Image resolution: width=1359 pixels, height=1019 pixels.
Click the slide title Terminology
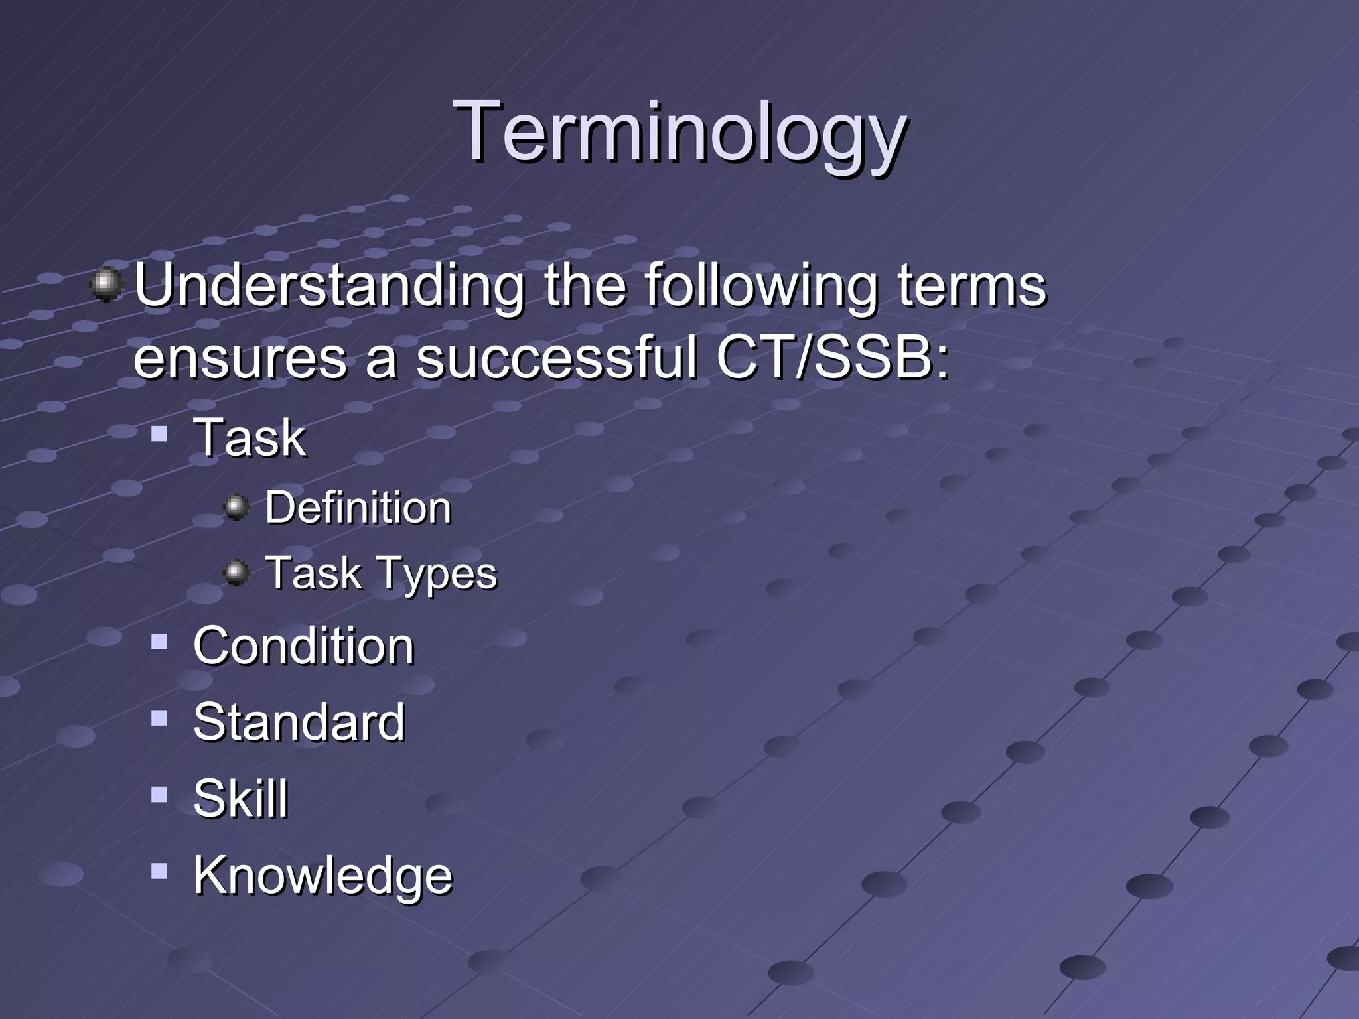pyautogui.click(x=679, y=133)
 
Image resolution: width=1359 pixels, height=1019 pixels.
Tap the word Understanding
pyautogui.click(x=329, y=287)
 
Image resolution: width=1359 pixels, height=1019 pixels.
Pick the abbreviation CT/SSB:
pyautogui.click(x=832, y=358)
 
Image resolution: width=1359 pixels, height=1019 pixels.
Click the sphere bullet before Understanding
pyautogui.click(x=106, y=285)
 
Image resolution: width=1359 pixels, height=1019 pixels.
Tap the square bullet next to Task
pyautogui.click(x=159, y=435)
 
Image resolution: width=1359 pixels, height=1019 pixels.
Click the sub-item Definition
pyautogui.click(x=358, y=508)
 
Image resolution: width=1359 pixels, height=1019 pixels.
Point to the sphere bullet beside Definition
pyautogui.click(x=236, y=508)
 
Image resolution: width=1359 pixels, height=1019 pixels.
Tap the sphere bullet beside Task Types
pyautogui.click(x=236, y=572)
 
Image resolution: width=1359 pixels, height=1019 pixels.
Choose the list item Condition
pyautogui.click(x=303, y=646)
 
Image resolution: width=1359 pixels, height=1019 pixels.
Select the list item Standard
pyautogui.click(x=299, y=722)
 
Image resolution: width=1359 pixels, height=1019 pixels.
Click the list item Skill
pyautogui.click(x=240, y=799)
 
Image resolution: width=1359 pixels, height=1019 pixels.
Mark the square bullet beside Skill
pyautogui.click(x=159, y=794)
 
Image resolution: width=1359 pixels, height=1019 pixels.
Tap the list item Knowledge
pyautogui.click(x=322, y=876)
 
